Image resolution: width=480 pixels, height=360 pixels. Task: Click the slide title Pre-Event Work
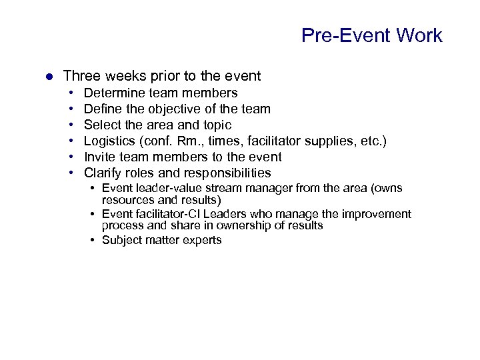coord(371,35)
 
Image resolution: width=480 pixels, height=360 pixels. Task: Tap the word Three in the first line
coord(81,76)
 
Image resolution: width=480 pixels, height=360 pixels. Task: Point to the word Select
coord(101,125)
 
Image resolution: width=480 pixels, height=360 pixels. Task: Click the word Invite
coord(100,157)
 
